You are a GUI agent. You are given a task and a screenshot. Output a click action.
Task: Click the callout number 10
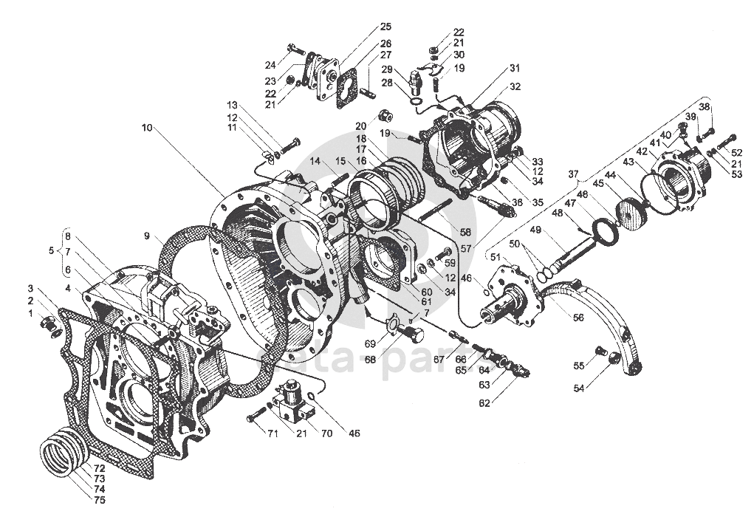(x=148, y=128)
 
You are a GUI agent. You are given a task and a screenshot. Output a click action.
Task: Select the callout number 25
(x=385, y=27)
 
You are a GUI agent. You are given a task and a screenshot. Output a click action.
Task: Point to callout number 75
(x=99, y=500)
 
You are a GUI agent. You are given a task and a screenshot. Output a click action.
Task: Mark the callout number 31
(x=514, y=69)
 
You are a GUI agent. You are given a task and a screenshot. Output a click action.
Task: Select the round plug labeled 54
(x=612, y=358)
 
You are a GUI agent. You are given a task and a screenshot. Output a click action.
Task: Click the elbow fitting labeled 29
(x=415, y=78)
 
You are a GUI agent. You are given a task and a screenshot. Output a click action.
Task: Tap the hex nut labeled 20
(x=383, y=115)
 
